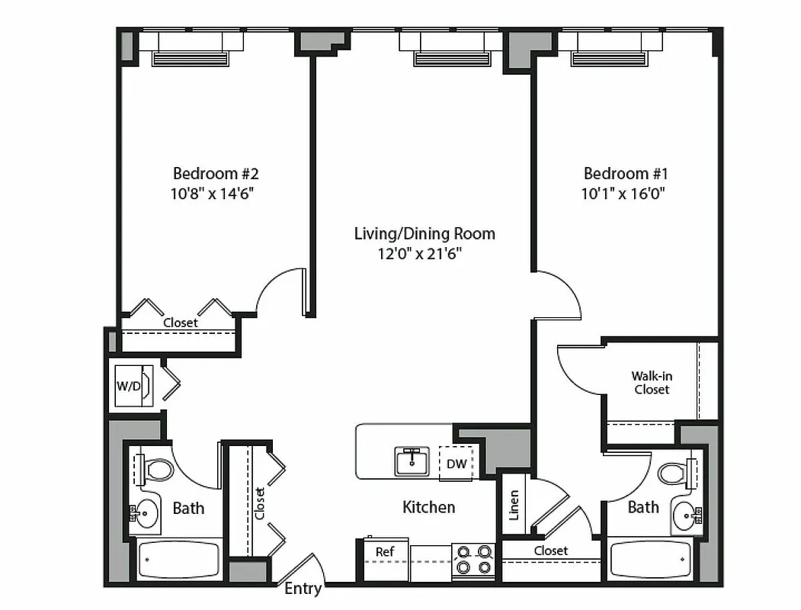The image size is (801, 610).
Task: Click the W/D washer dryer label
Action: pyautogui.click(x=128, y=386)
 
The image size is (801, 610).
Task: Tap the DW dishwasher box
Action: pyautogui.click(x=456, y=464)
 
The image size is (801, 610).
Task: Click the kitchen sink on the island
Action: pyautogui.click(x=412, y=461)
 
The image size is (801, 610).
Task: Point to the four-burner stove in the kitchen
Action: pyautogui.click(x=473, y=560)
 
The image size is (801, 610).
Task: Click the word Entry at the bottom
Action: pyautogui.click(x=303, y=589)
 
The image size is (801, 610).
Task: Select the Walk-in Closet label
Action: pyautogui.click(x=651, y=383)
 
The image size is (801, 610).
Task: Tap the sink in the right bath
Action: pyautogui.click(x=687, y=518)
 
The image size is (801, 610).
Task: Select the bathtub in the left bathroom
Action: pyautogui.click(x=178, y=559)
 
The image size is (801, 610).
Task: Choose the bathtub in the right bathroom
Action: pyautogui.click(x=650, y=560)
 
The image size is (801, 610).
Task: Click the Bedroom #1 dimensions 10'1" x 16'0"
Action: pyautogui.click(x=623, y=194)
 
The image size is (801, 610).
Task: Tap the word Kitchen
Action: pyautogui.click(x=428, y=507)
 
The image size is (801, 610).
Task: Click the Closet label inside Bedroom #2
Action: pyautogui.click(x=181, y=323)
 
